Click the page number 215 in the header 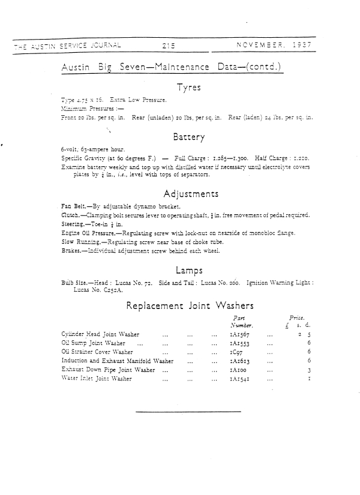pyautogui.click(x=167, y=44)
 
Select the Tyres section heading pyautogui.click(x=188, y=88)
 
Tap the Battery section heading pyautogui.click(x=189, y=137)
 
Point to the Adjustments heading pyautogui.click(x=190, y=194)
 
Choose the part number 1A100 pyautogui.click(x=230, y=370)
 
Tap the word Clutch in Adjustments pyautogui.click(x=70, y=215)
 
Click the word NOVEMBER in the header pyautogui.click(x=260, y=44)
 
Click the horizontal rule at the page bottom pyautogui.click(x=188, y=412)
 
